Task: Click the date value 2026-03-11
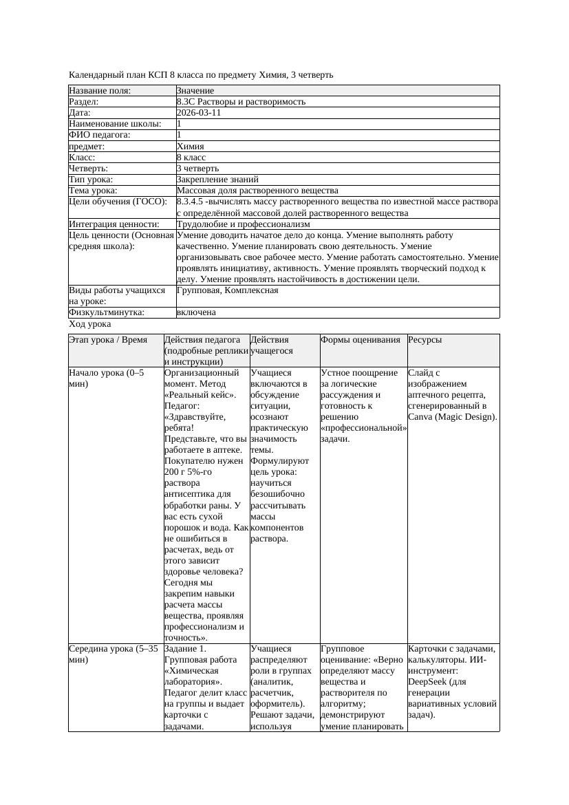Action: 199,113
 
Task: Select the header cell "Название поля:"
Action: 100,91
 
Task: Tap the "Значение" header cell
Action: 195,91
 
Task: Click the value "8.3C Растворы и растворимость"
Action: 241,102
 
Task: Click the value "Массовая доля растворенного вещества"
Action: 257,191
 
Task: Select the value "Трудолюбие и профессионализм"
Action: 243,224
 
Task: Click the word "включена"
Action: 196,312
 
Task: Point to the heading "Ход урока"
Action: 90,324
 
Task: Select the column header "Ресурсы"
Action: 425,340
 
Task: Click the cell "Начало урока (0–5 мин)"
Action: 107,378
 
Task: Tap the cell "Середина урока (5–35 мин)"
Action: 114,654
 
